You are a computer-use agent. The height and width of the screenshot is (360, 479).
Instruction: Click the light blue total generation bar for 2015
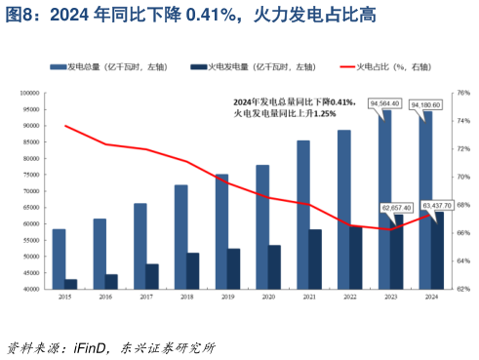click(60, 259)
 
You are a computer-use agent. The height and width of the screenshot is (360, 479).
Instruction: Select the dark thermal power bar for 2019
click(234, 268)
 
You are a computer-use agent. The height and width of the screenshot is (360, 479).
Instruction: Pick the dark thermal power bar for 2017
click(153, 276)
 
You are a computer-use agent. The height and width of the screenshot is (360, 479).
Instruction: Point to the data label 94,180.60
click(424, 102)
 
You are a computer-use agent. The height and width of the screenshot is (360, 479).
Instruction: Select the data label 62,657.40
click(397, 207)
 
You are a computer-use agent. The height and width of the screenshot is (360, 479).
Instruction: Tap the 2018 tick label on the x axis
click(186, 296)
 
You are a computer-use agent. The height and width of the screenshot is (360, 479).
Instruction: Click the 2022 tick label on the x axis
click(349, 296)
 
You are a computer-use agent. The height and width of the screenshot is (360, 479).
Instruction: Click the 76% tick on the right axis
click(463, 93)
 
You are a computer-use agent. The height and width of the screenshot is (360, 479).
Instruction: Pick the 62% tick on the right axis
click(463, 289)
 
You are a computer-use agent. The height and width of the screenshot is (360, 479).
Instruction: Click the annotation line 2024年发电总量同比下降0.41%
click(294, 102)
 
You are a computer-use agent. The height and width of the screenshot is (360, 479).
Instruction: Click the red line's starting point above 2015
click(65, 126)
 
